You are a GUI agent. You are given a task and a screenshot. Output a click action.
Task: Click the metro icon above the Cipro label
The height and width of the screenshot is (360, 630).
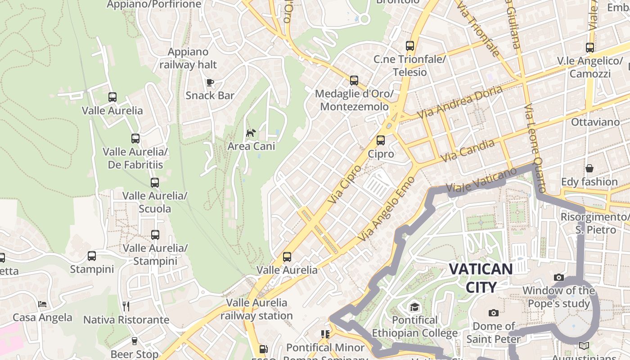pos(381,140)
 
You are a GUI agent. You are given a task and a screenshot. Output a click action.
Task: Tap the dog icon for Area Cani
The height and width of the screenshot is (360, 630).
pos(251,133)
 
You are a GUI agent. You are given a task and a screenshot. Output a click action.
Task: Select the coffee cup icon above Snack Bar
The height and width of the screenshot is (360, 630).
pos(210,82)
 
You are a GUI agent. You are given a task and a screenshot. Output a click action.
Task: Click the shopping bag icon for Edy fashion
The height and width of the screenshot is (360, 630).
pos(589,168)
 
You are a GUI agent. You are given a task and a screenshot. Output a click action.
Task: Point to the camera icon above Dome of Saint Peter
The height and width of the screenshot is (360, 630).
pos(494,313)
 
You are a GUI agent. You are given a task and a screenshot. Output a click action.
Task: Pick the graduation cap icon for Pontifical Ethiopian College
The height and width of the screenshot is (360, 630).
pos(414,307)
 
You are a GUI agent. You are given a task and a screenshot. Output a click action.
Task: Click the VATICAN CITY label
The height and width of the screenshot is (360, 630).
pos(481,278)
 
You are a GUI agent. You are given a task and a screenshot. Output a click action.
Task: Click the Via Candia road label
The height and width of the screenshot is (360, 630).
pos(468,151)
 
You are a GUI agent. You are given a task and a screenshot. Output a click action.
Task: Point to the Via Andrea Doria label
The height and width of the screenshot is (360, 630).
pos(459,102)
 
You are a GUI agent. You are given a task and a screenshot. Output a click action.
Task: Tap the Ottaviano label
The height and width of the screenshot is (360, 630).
pos(595,122)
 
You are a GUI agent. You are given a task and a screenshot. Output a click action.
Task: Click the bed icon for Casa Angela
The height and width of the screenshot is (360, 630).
pos(42,304)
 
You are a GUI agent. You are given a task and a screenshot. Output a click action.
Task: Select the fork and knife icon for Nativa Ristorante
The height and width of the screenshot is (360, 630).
pos(126,306)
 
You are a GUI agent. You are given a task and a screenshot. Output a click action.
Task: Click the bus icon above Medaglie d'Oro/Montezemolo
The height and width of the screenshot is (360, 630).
pos(354,81)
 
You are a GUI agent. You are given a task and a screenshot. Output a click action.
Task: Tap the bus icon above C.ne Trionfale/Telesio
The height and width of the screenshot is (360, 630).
pos(409,45)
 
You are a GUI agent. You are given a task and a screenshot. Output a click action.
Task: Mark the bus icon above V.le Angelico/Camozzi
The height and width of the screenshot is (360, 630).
pos(589,47)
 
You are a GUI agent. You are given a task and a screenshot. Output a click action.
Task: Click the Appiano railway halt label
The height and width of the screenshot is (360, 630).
pos(188,58)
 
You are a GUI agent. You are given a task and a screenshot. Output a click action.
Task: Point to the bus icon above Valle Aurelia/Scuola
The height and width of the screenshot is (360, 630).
pos(155,182)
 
